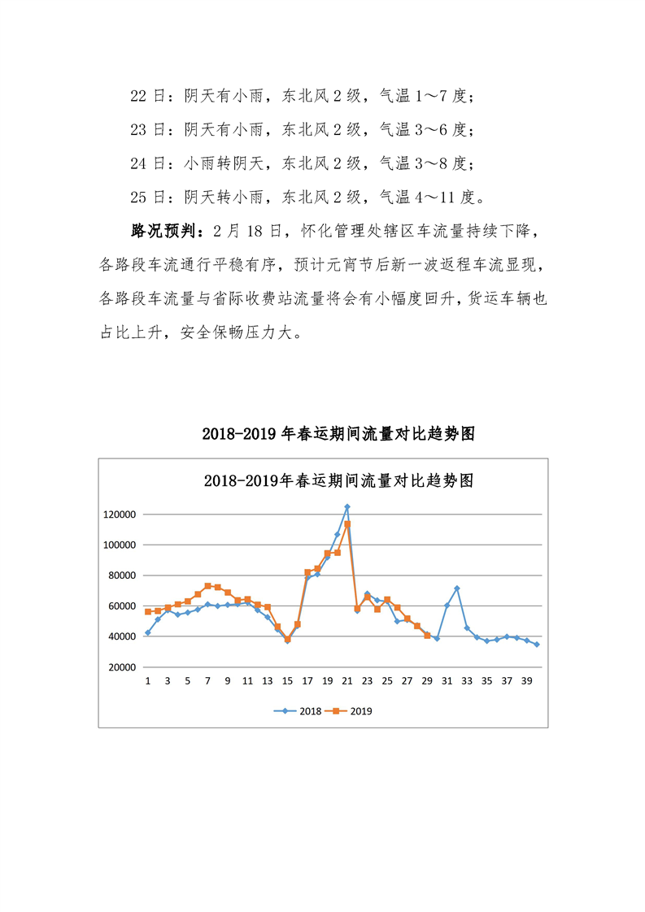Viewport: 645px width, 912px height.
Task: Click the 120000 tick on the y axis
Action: (x=119, y=515)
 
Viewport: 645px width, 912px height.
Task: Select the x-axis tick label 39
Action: (x=526, y=680)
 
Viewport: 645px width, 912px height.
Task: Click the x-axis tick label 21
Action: (x=347, y=680)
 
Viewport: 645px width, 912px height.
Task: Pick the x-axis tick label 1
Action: (x=148, y=680)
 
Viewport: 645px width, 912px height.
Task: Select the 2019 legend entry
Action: (x=351, y=710)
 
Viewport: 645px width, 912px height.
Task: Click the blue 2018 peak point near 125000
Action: (x=347, y=506)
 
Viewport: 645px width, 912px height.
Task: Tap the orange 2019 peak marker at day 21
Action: (x=347, y=524)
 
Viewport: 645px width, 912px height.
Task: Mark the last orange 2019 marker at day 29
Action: (x=427, y=635)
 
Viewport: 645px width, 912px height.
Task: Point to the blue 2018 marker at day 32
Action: (x=457, y=588)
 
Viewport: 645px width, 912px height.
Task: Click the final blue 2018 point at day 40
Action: (x=537, y=644)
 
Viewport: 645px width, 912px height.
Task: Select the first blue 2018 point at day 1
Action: (x=148, y=632)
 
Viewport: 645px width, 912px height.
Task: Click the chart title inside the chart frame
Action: (x=322, y=480)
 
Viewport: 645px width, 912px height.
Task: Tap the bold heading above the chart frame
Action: (x=322, y=434)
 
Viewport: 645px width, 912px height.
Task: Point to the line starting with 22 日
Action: (x=301, y=97)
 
